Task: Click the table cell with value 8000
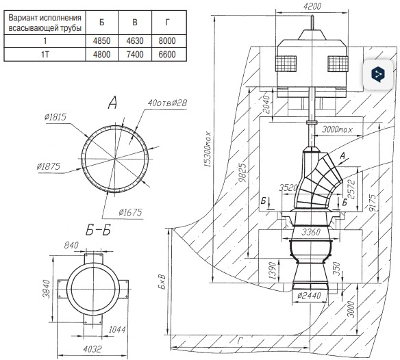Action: [167, 41]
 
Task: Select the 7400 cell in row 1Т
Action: [135, 54]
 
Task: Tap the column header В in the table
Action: [135, 23]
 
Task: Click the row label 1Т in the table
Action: [45, 54]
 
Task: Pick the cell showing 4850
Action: [102, 41]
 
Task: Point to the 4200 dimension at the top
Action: [312, 6]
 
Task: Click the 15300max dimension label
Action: [208, 149]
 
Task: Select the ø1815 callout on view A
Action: [55, 117]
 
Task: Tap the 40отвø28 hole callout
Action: [167, 103]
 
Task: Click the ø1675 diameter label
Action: [130, 212]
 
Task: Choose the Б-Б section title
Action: [98, 231]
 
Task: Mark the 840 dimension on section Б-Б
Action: [71, 245]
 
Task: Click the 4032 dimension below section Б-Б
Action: [92, 349]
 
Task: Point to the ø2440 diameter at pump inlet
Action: [309, 296]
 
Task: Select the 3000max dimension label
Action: [337, 129]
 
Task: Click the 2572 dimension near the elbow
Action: [351, 189]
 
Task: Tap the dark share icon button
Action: [378, 75]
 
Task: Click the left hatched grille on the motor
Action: [286, 64]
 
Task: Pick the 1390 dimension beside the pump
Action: [273, 271]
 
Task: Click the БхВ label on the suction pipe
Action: [162, 282]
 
